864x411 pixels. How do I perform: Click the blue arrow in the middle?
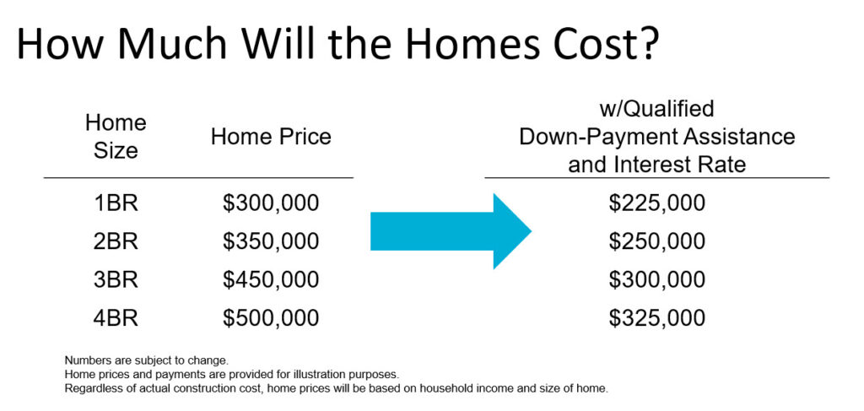pyautogui.click(x=451, y=231)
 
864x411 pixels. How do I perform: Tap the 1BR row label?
pyautogui.click(x=115, y=203)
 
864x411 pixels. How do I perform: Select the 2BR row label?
pyautogui.click(x=115, y=241)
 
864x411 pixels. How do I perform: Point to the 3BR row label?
pyautogui.click(x=115, y=280)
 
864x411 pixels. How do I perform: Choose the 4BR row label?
pyautogui.click(x=115, y=318)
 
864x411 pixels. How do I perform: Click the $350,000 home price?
pyautogui.click(x=271, y=242)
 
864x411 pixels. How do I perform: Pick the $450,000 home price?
pyautogui.click(x=271, y=280)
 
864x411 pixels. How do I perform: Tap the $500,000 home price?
pyautogui.click(x=271, y=318)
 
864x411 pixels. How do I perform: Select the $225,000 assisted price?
pyautogui.click(x=656, y=203)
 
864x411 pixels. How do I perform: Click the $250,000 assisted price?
pyautogui.click(x=656, y=242)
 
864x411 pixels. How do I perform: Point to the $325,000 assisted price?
pyautogui.click(x=656, y=318)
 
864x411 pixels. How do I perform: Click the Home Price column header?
pyautogui.click(x=271, y=137)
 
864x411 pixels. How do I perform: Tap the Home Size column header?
pyautogui.click(x=116, y=137)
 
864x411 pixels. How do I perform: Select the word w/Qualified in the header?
pyautogui.click(x=656, y=109)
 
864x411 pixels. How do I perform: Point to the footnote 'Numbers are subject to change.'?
pyautogui.click(x=146, y=361)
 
